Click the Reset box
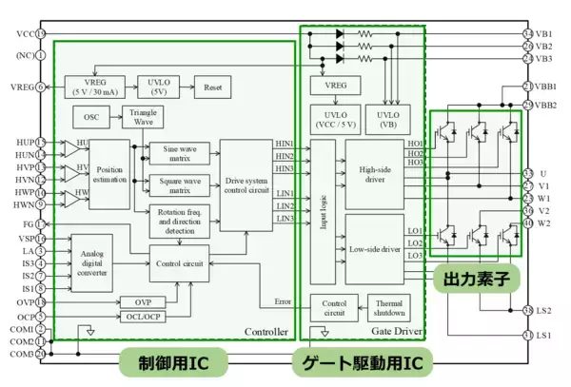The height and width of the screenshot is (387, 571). tap(211, 87)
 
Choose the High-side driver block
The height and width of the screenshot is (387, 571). tap(372, 174)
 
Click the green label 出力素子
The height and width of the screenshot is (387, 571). tap(475, 281)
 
